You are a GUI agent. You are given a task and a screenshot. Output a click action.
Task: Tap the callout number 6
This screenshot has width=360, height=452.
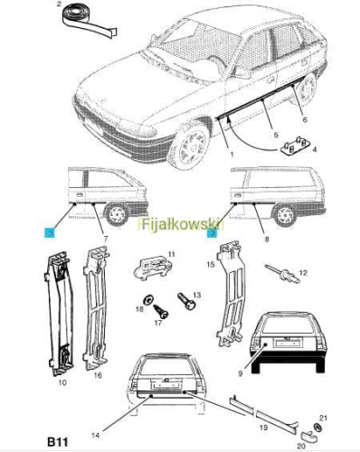pos(305,120)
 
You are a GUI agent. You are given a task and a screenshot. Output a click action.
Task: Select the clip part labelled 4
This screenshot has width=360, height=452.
pos(295,146)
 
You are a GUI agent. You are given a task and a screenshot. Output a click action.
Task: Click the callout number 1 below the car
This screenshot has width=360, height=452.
pos(232,155)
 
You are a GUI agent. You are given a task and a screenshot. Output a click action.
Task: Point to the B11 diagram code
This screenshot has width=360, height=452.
pos(58,442)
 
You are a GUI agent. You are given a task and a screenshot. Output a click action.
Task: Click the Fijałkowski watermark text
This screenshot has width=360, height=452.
pos(182,224)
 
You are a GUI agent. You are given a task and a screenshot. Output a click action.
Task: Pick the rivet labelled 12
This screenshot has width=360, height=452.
pos(282,274)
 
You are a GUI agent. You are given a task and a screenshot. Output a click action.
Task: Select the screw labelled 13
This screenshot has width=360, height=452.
pos(187,301)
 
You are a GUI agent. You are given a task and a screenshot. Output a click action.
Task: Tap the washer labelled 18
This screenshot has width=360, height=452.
pos(148,300)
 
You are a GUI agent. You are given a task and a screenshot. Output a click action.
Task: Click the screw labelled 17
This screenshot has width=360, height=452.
pos(161,312)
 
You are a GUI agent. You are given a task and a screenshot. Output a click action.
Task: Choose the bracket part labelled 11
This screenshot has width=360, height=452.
pos(153,268)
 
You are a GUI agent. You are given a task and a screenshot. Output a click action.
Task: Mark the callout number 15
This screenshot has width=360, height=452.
pos(211,264)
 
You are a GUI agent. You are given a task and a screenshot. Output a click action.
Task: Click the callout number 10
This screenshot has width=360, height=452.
pos(62,382)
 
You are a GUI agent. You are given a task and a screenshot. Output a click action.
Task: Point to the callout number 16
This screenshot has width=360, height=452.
pos(98,375)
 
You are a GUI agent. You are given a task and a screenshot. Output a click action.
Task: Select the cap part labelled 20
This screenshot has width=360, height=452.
pos(308,436)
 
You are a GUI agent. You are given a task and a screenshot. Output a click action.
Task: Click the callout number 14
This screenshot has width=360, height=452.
pos(96,435)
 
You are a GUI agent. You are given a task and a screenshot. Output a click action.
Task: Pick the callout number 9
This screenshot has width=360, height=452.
pos(241,374)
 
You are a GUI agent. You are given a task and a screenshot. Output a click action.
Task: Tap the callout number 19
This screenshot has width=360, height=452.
pos(263,428)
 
